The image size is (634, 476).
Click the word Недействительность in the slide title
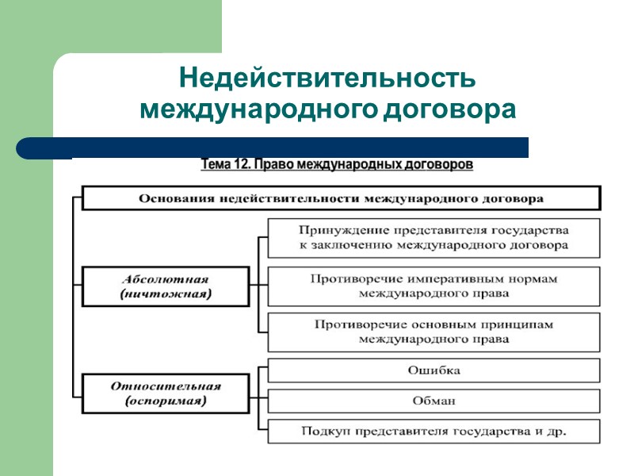327,79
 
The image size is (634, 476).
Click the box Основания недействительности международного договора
341,198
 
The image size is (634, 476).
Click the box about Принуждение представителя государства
433,237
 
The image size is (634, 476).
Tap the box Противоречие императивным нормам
433,286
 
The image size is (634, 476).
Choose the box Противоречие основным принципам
433,332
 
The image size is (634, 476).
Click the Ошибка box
433,370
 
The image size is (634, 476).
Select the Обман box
433,401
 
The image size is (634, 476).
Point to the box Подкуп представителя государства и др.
433,432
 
